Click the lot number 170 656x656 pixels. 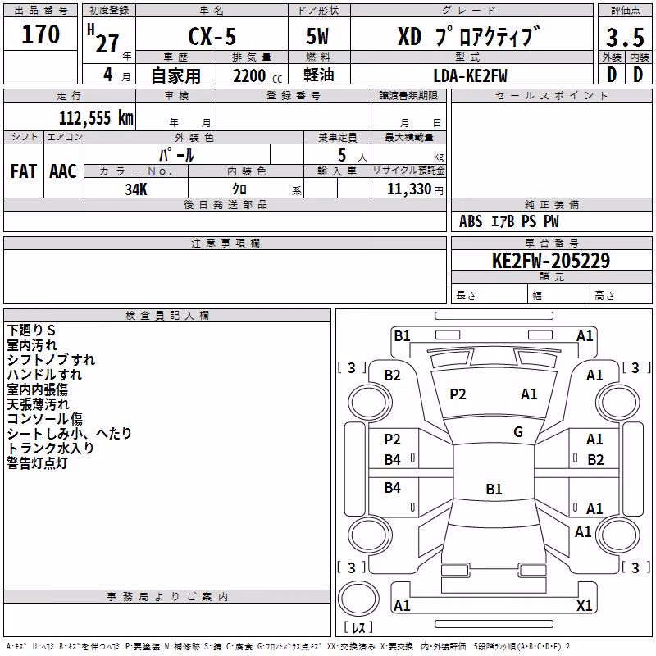40,34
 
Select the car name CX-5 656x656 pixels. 212,36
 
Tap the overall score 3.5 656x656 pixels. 625,37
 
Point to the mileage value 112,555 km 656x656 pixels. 96,118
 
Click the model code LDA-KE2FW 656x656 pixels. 470,75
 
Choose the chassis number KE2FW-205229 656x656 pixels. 551,261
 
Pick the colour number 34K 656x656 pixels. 136,189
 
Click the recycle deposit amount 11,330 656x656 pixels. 409,189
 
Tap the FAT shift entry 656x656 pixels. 24,171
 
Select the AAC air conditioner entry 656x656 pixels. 63,171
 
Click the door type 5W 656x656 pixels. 317,36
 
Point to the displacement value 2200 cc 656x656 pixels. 257,76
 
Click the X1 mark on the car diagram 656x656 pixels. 584,605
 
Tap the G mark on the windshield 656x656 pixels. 518,432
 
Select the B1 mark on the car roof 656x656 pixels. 494,489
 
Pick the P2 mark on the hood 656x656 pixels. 458,394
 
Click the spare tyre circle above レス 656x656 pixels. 358,599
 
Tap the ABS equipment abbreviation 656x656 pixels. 471,221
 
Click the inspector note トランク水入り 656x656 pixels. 50,448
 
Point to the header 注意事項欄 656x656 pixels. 225,243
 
